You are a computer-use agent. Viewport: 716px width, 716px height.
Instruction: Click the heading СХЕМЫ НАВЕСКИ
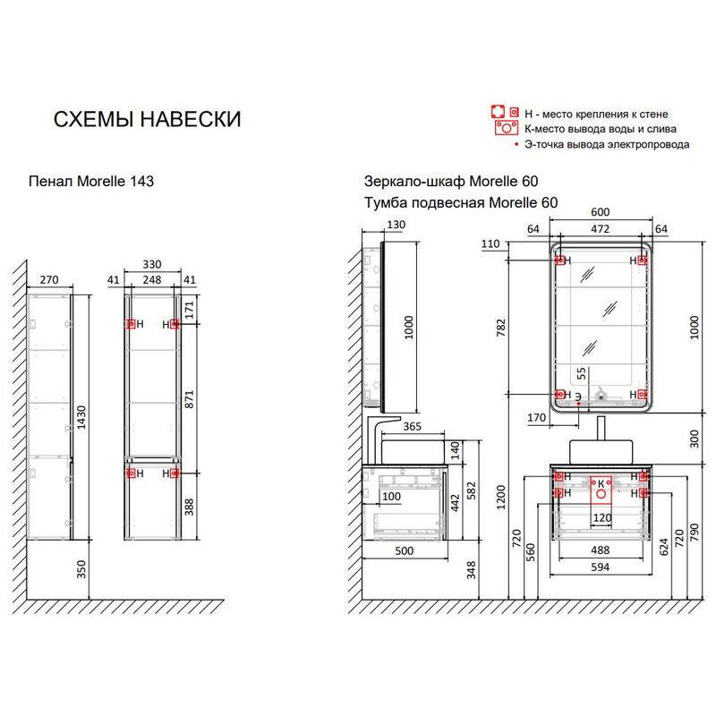147,120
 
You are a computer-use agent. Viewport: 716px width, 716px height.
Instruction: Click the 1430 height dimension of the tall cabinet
81,417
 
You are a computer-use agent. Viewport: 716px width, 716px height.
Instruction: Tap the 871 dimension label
189,399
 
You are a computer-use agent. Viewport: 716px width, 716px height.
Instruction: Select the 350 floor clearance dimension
81,569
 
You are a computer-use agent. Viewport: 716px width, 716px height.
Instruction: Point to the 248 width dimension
152,279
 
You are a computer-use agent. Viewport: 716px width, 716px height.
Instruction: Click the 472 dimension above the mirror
600,229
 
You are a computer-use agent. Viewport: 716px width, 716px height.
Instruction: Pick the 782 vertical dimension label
501,328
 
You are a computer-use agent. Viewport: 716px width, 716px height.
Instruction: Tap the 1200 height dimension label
501,498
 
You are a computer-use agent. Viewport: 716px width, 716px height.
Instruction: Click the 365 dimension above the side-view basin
412,427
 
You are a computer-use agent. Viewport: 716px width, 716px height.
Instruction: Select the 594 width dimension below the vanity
600,567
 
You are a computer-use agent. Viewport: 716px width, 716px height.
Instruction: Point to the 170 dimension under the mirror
536,417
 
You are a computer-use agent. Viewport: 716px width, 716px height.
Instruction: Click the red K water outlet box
601,490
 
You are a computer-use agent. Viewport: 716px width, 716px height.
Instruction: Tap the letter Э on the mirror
578,396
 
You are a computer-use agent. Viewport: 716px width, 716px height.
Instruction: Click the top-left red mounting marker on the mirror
560,260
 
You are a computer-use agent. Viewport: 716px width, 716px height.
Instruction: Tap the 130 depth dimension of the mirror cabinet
396,225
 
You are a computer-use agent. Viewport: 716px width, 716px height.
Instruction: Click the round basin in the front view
601,452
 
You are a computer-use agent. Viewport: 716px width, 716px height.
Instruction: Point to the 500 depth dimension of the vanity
405,551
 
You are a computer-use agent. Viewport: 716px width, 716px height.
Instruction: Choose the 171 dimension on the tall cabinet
189,310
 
